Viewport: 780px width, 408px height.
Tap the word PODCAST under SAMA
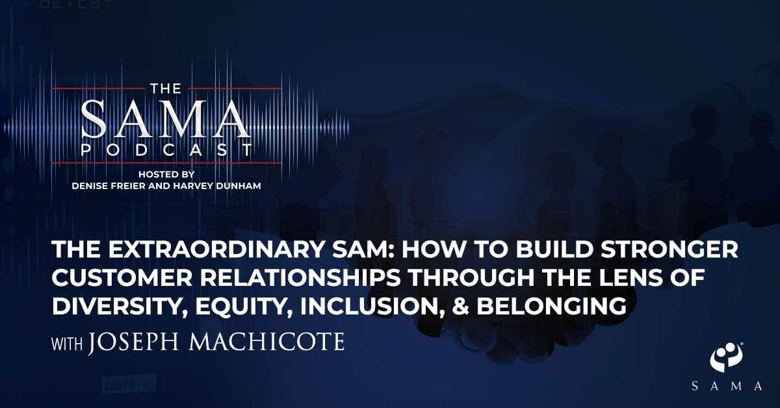[166, 151]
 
